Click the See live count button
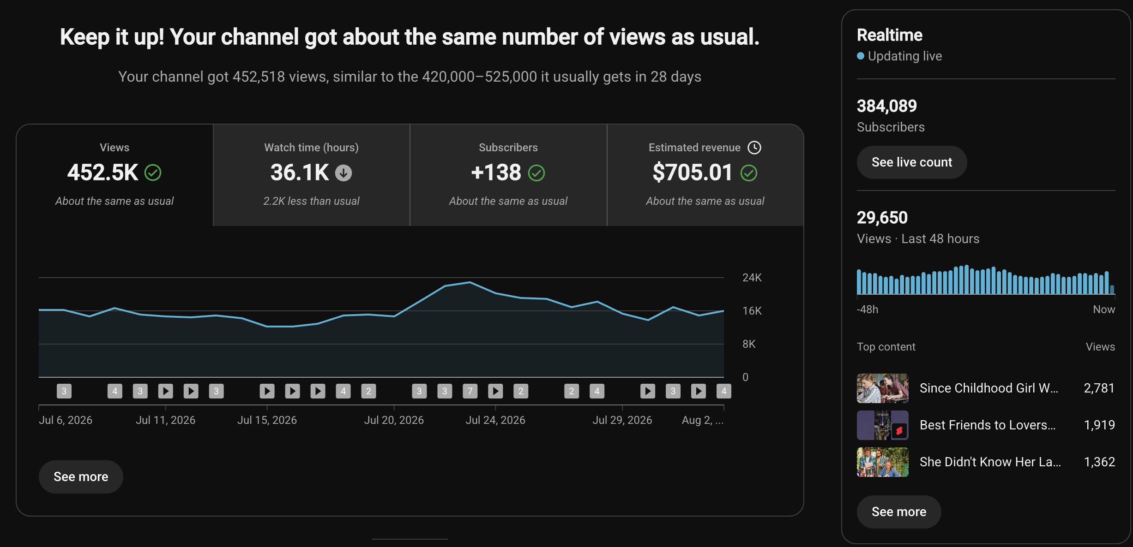[x=911, y=162]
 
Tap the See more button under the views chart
[x=81, y=476]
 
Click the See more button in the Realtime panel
[x=898, y=511]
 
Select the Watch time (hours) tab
[x=311, y=175]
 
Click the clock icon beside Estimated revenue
[x=754, y=148]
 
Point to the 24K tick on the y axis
[x=752, y=277]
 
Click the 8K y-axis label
[x=749, y=344]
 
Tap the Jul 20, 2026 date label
[x=394, y=420]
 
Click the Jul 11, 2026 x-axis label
[x=165, y=420]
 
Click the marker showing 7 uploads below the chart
[x=470, y=391]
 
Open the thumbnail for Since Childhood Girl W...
[x=882, y=388]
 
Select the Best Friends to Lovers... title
[x=988, y=425]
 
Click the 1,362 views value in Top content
[x=1099, y=462]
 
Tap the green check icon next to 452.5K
[x=153, y=173]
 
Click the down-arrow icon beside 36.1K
[x=343, y=173]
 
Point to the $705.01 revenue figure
[x=692, y=172]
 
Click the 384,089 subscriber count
[x=886, y=106]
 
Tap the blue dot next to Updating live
[x=861, y=56]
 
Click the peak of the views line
[x=470, y=282]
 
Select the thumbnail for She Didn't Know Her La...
[x=882, y=462]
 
